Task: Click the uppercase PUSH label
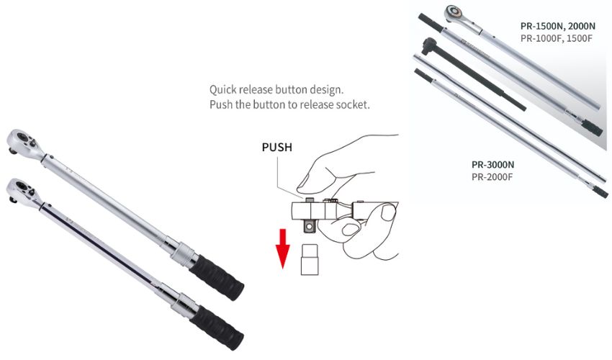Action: (276, 147)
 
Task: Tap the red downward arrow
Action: (282, 248)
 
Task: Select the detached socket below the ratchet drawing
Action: (310, 259)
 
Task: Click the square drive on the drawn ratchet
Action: (310, 226)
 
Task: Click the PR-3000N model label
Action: (492, 165)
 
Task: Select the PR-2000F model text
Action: (492, 177)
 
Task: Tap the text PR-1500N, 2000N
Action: (558, 26)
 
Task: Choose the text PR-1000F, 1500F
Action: (556, 38)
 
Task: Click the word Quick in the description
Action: (223, 90)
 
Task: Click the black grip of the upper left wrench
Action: (217, 277)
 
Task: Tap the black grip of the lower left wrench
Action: (217, 327)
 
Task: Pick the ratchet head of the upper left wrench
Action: (24, 143)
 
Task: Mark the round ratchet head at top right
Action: (455, 13)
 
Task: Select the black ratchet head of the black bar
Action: (429, 45)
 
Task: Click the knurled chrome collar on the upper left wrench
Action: (184, 253)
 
